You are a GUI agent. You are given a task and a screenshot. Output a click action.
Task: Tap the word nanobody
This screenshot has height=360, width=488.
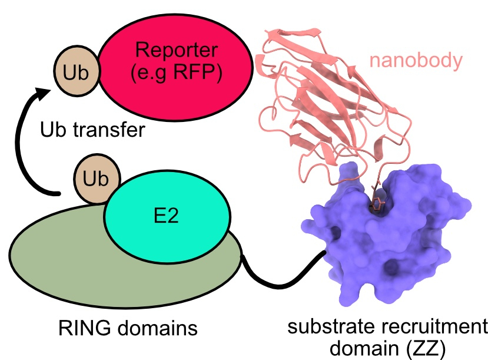(x=416, y=60)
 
